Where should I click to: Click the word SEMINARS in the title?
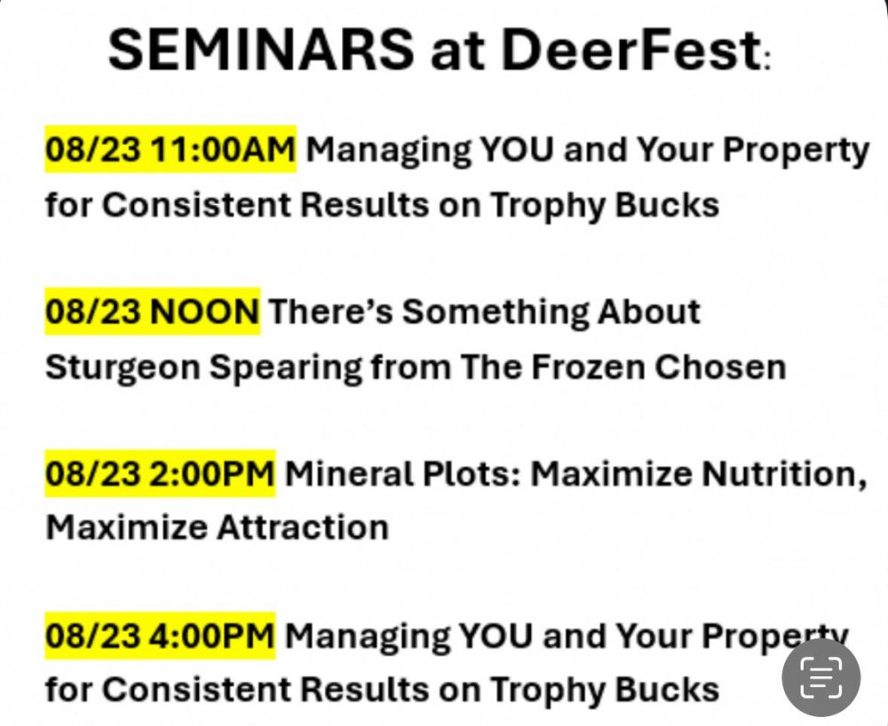tap(261, 49)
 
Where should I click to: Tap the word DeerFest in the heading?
tap(630, 49)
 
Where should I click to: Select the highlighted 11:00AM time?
tap(223, 149)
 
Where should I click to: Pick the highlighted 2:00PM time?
tap(212, 474)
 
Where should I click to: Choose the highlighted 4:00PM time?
tap(212, 635)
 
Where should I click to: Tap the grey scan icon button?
tap(821, 677)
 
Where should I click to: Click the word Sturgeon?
tap(123, 367)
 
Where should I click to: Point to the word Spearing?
tap(285, 367)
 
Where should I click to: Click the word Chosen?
tap(720, 367)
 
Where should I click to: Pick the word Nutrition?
tap(784, 474)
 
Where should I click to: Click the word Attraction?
tap(303, 528)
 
